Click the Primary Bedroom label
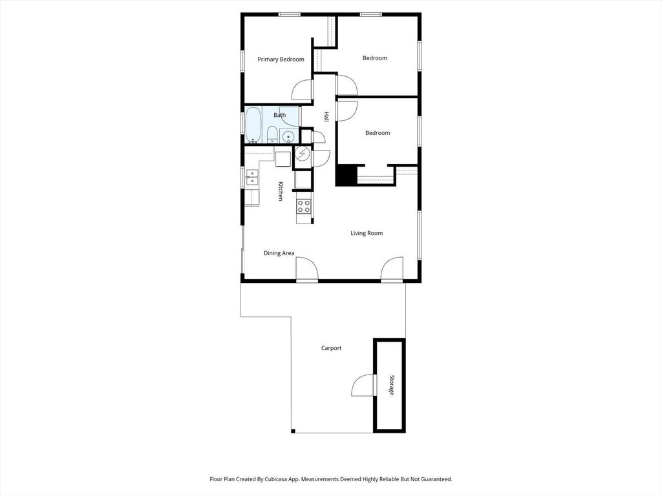pyautogui.click(x=281, y=59)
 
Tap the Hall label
pyautogui.click(x=326, y=116)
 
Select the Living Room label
pyautogui.click(x=367, y=233)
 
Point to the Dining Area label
pyautogui.click(x=279, y=253)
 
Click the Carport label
pyautogui.click(x=331, y=348)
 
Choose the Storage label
pyautogui.click(x=390, y=385)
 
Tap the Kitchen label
pyautogui.click(x=281, y=191)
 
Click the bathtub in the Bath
pyautogui.click(x=253, y=125)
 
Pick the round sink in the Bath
pyautogui.click(x=288, y=136)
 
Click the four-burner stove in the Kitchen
pyautogui.click(x=304, y=207)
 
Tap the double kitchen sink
pyautogui.click(x=251, y=177)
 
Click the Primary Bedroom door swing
pyautogui.click(x=302, y=90)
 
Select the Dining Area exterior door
pyautogui.click(x=306, y=270)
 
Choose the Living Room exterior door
pyautogui.click(x=392, y=270)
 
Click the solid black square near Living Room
pyautogui.click(x=347, y=176)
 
